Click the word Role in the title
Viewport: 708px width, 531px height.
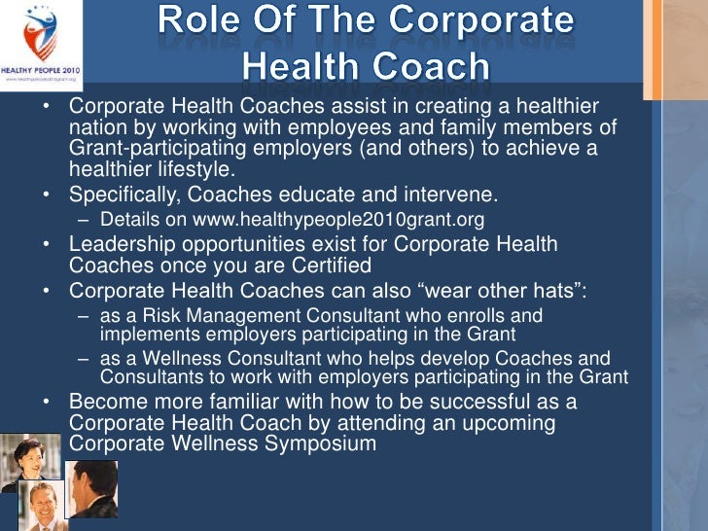click(x=200, y=20)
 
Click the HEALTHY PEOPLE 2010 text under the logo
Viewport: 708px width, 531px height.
click(x=42, y=71)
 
